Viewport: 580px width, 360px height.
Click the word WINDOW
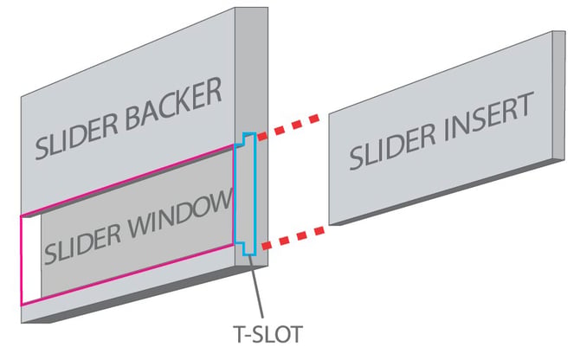point(181,214)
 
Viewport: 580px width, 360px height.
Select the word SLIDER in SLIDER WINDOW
point(83,243)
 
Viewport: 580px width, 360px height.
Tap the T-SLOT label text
point(268,335)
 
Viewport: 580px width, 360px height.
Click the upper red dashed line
point(288,127)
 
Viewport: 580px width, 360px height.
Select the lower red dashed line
point(293,238)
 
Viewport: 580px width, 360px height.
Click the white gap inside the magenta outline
point(31,260)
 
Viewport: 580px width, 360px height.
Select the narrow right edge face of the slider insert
point(559,95)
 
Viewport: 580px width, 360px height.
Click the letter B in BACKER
point(133,118)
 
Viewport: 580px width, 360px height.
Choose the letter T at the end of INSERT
point(525,104)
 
